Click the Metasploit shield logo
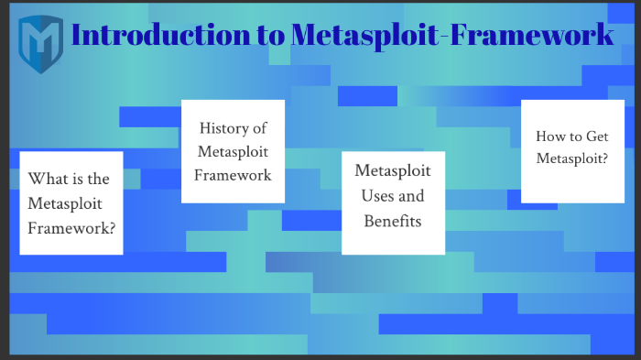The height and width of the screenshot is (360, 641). [40, 38]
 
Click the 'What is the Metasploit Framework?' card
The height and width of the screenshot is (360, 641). [71, 202]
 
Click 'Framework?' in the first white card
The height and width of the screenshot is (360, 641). [71, 225]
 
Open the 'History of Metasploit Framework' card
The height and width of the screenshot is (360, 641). [233, 151]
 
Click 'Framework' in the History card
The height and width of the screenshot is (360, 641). [233, 174]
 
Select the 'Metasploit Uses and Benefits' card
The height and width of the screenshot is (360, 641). [393, 202]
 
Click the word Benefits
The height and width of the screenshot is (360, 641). [393, 221]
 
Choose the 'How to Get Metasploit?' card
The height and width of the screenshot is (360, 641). [572, 151]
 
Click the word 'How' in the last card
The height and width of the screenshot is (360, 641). [549, 136]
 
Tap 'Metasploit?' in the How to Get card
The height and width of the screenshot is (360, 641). [572, 158]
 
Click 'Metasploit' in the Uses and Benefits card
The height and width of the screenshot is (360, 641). [393, 171]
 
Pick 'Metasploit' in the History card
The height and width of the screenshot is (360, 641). [233, 151]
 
